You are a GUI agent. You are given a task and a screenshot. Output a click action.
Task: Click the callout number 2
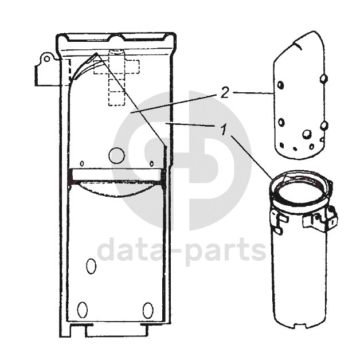click(224, 93)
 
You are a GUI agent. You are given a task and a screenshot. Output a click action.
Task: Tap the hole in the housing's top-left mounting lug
click(46, 59)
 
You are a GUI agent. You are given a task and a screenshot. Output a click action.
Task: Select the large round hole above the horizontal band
click(117, 156)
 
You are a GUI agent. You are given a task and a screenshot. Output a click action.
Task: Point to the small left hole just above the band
click(82, 163)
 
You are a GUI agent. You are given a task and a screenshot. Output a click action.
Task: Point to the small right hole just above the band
click(151, 163)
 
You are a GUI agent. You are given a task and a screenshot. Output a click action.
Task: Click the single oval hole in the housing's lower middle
click(91, 266)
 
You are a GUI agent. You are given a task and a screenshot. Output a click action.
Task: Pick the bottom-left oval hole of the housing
click(83, 310)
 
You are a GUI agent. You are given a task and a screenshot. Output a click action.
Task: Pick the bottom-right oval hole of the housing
click(148, 310)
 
